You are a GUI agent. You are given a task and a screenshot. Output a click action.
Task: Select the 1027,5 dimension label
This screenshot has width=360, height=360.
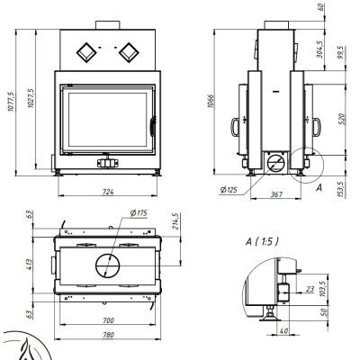click(x=31, y=98)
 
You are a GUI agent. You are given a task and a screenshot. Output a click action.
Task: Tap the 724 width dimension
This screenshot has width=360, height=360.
click(x=108, y=192)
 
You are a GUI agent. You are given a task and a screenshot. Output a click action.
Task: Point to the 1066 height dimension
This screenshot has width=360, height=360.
click(x=211, y=102)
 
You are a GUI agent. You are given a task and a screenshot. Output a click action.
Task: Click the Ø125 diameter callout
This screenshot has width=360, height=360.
click(x=229, y=190)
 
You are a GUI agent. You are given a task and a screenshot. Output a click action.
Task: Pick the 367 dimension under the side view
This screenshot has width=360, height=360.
click(x=276, y=194)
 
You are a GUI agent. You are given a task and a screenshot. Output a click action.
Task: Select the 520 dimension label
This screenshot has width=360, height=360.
click(x=342, y=119)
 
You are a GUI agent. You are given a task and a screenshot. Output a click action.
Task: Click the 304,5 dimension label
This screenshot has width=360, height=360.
click(x=319, y=49)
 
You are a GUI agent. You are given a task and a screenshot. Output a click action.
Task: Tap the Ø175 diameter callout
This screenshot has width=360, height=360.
click(x=139, y=213)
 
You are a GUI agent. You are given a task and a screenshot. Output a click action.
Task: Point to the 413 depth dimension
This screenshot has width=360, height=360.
click(x=29, y=265)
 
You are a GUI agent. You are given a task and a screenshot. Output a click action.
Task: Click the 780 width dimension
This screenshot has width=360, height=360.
click(x=108, y=335)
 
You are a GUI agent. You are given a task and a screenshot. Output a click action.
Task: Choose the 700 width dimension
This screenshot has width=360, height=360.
click(x=108, y=320)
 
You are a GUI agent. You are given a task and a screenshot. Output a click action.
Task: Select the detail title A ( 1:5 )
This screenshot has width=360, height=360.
click(x=262, y=241)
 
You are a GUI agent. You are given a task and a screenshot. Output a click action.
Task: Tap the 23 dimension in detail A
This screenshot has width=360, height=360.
click(x=310, y=289)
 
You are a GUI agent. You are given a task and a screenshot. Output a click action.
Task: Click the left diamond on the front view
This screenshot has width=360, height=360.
click(x=86, y=53)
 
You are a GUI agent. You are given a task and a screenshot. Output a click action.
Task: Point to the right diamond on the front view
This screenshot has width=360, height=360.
click(x=129, y=53)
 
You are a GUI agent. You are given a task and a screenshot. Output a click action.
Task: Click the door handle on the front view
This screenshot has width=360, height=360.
click(x=153, y=126)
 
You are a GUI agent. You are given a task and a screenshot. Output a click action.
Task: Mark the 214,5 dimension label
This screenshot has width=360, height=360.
click(x=175, y=221)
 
